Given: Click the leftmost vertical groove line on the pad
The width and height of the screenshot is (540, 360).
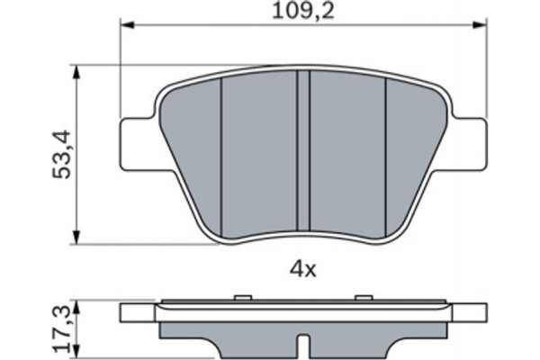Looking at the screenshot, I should [x=221, y=153].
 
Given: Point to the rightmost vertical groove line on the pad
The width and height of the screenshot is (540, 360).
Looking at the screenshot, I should [x=386, y=153].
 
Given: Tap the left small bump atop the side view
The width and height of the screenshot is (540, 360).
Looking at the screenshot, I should [x=240, y=295].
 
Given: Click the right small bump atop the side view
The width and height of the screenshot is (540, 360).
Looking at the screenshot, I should [x=364, y=295].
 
